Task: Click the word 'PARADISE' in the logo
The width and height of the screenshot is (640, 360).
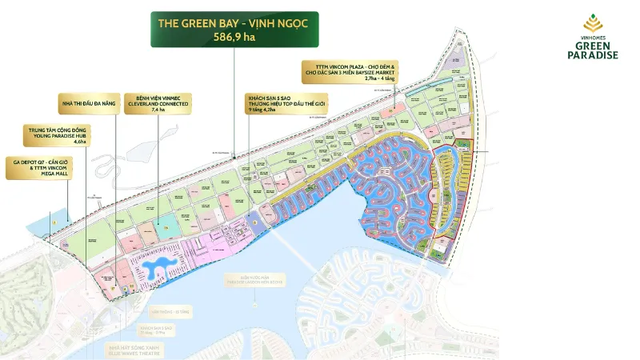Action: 592,54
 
